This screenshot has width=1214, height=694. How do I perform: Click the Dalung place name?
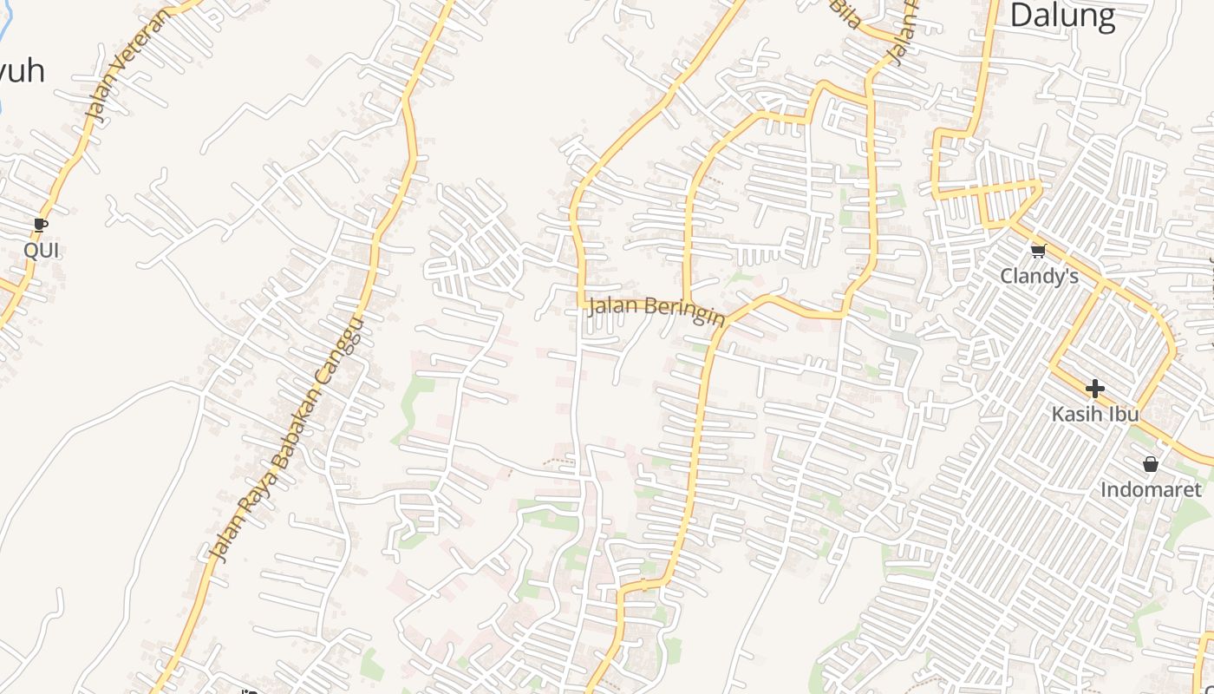[x=1062, y=16]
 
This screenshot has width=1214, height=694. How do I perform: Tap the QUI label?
[x=42, y=251]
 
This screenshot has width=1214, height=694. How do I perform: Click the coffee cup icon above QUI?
[x=41, y=226]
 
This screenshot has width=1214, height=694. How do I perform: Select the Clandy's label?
[x=1039, y=276]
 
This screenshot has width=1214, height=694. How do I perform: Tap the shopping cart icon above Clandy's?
[x=1038, y=251]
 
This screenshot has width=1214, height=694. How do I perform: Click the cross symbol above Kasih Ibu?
[x=1094, y=388]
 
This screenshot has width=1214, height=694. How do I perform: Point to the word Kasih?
[x=1077, y=414]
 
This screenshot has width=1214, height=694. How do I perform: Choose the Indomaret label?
[x=1151, y=490]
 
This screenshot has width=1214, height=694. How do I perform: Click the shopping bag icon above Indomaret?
[x=1151, y=464]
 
